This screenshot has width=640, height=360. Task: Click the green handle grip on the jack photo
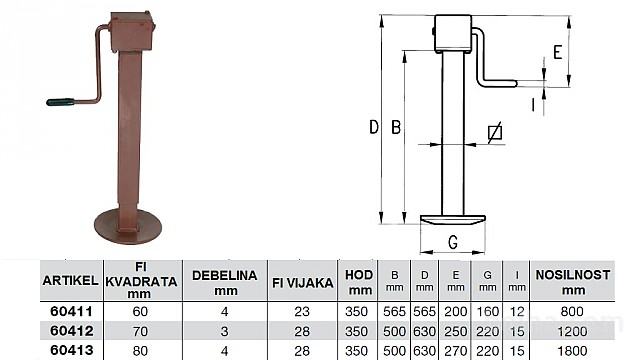pos(60,102)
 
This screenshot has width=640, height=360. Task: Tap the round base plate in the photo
pos(128,226)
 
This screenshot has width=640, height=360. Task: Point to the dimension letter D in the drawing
pos(373,127)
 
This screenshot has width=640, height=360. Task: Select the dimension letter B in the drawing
pos(396,127)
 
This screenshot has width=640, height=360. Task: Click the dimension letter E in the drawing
pos(558,52)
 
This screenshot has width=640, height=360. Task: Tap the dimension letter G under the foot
pos(453,242)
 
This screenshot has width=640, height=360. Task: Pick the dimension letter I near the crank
pos(533,104)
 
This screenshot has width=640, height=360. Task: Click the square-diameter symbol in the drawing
pos(495,133)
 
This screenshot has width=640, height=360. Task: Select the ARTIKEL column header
pos(71,281)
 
